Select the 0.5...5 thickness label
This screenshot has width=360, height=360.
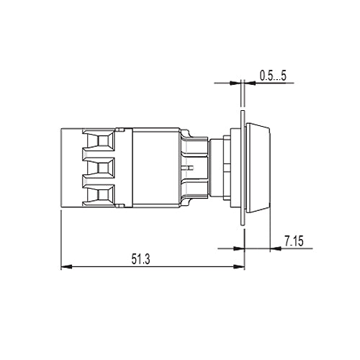tap(273, 73)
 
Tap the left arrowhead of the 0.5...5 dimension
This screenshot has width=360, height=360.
tap(237, 83)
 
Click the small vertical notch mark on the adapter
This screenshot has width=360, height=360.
tap(186, 166)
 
